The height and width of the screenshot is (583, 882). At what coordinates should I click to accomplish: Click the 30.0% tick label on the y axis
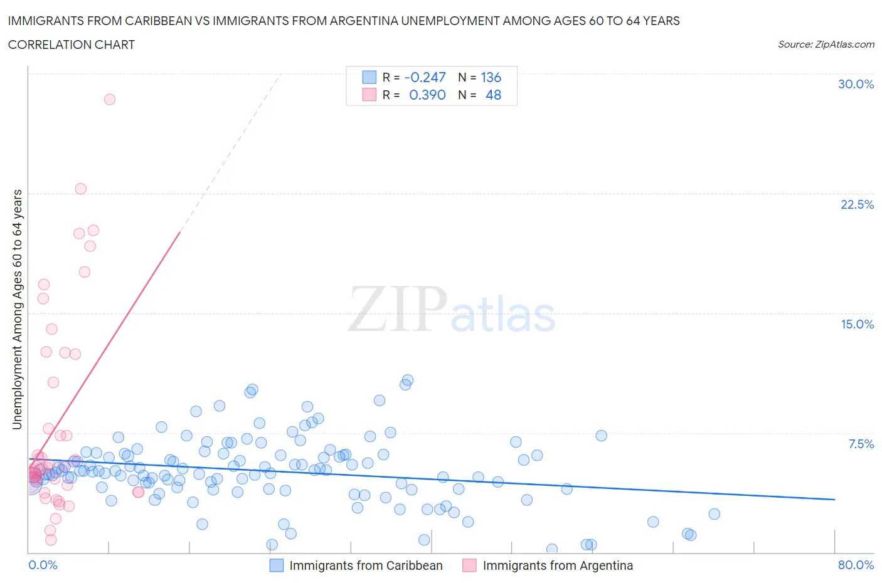856,84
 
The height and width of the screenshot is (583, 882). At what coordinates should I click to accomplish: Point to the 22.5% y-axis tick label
857,204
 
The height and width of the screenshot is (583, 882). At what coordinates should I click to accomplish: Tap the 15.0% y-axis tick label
857,324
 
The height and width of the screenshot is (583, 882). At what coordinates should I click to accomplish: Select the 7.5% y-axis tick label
861,444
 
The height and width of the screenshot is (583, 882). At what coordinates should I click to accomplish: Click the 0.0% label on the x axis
43,565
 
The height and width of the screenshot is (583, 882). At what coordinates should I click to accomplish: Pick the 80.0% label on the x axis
856,565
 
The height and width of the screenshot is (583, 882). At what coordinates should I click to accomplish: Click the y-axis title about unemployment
18,309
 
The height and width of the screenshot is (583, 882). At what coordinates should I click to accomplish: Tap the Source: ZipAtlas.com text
826,44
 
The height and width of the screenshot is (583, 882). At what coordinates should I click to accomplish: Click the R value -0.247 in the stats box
425,77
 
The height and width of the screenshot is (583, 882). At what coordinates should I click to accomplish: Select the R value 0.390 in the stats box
427,95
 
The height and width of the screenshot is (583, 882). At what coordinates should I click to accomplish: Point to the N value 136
491,77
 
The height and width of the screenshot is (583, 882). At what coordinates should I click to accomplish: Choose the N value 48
493,95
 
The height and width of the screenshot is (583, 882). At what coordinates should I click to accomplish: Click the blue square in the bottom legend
277,565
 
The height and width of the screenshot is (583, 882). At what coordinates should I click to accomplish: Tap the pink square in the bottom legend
469,565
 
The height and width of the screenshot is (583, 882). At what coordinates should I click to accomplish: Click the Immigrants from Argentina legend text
558,565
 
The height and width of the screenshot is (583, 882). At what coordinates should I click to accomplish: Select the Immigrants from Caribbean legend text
366,565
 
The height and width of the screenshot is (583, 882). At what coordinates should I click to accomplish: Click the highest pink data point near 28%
110,99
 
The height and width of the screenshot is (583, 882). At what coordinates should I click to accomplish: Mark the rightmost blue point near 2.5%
714,514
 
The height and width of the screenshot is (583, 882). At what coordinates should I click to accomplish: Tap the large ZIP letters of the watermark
398,308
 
